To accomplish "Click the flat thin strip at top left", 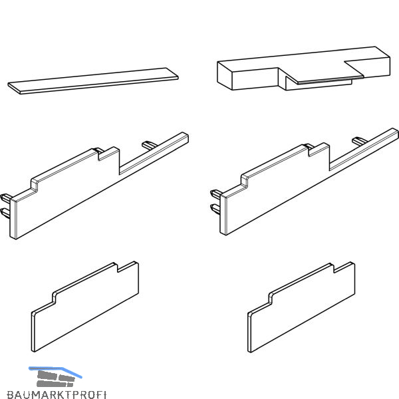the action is click(93, 81).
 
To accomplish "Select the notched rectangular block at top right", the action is click(303, 68).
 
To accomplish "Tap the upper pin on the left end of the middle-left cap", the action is click(5, 198).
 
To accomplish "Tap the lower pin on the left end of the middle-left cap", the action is click(5, 213).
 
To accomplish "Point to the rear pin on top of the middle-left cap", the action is click(150, 145).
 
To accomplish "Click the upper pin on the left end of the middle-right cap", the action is click(216, 194).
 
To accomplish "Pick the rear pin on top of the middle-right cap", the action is click(360, 141).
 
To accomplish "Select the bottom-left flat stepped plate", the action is click(85, 307).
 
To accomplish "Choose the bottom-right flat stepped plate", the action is click(301, 307).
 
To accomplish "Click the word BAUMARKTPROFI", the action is click(57, 394).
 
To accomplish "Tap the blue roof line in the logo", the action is click(55, 372).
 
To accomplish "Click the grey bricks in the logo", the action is click(55, 379).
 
